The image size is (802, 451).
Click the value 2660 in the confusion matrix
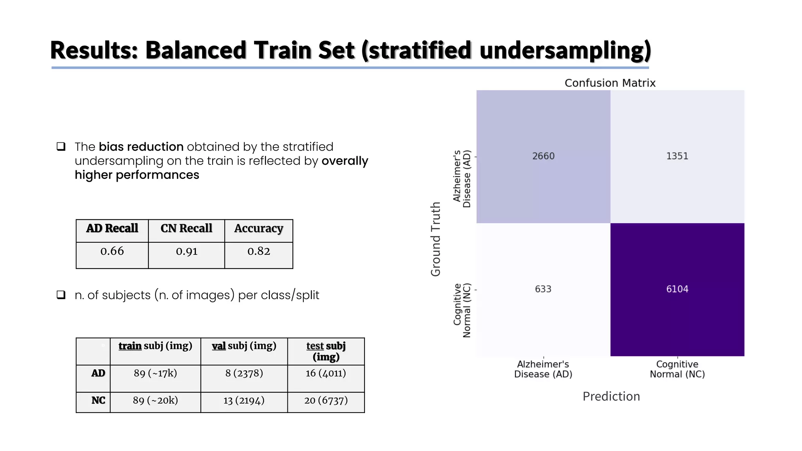(543, 156)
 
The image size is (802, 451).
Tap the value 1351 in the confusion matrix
(677, 156)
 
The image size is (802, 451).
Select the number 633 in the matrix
(543, 289)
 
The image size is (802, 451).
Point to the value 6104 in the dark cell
(677, 289)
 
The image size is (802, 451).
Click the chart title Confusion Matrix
(610, 83)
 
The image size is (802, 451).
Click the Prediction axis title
(611, 396)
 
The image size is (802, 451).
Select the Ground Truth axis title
(436, 239)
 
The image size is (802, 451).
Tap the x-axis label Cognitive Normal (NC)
(677, 369)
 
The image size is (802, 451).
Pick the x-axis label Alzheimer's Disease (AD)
(543, 369)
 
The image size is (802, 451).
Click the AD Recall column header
(112, 228)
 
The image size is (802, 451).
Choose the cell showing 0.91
(186, 251)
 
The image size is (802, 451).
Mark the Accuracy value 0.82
(258, 251)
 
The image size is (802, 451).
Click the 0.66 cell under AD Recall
(112, 251)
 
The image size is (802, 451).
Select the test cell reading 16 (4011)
(326, 373)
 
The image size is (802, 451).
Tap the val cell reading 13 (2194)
(244, 400)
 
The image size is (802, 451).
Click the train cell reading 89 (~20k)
(155, 400)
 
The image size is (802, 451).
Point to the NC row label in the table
(98, 400)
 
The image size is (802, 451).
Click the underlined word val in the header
(219, 346)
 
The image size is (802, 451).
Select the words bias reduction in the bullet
(141, 147)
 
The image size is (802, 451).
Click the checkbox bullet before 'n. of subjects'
(61, 295)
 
